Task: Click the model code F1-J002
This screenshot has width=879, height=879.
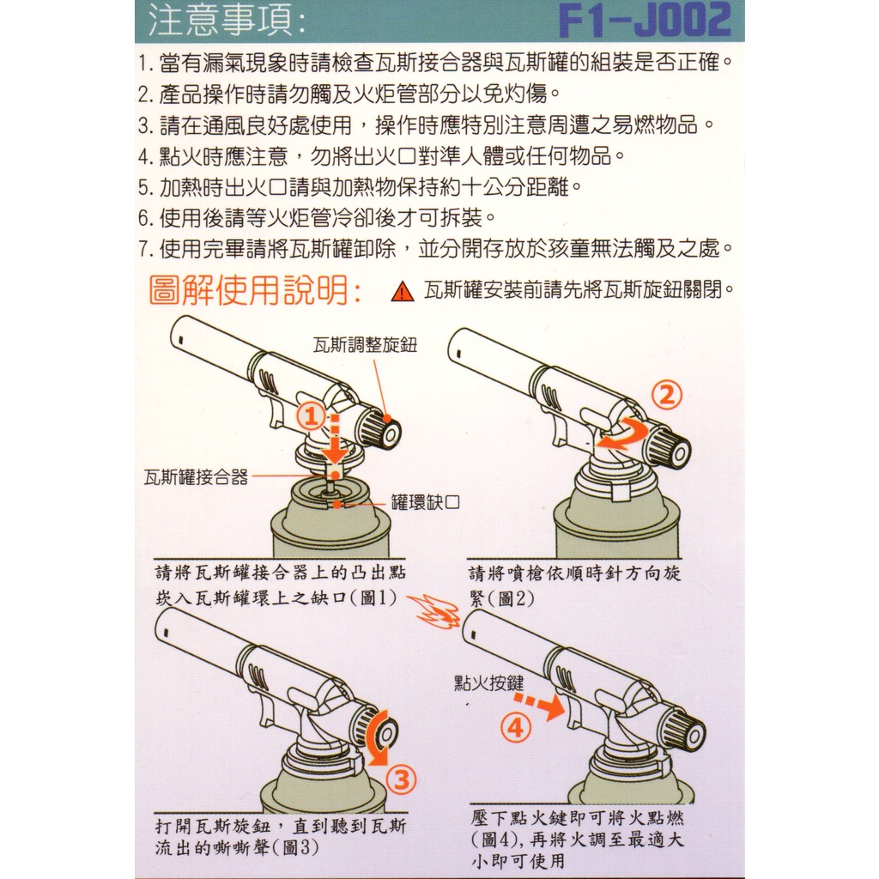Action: click(x=645, y=21)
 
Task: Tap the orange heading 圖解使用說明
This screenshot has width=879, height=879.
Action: click(x=255, y=290)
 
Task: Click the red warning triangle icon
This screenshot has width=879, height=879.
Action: click(x=402, y=292)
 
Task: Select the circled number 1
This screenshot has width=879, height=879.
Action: click(x=311, y=416)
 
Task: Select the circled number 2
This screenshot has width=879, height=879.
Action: click(x=666, y=396)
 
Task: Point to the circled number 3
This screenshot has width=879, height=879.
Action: click(x=402, y=779)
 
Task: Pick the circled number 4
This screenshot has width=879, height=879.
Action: click(x=515, y=728)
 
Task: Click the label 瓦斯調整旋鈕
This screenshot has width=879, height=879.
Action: click(x=365, y=345)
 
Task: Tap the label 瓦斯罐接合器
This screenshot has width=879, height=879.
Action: click(x=196, y=477)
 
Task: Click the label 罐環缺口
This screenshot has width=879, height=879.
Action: click(x=426, y=501)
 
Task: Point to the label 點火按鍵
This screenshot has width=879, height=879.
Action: click(x=488, y=682)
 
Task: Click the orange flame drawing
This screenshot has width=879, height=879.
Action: click(x=433, y=611)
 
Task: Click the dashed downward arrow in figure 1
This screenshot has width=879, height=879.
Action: click(x=335, y=440)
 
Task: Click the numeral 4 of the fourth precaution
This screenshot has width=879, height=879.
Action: click(x=144, y=157)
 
